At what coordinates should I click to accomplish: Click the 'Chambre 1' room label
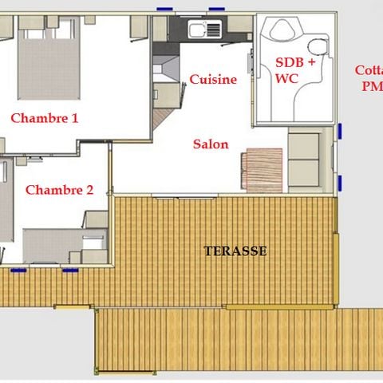tap(44, 118)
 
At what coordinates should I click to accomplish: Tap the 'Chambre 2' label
tap(59, 190)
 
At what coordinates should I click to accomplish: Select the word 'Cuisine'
tap(213, 79)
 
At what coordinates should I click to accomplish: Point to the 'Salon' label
tap(211, 144)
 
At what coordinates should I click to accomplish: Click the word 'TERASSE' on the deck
tap(235, 251)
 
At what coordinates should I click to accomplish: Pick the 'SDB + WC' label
tap(295, 70)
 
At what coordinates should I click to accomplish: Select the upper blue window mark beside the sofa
tap(341, 131)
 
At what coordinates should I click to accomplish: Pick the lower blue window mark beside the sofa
tap(341, 181)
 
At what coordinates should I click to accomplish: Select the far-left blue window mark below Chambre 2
tap(18, 270)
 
